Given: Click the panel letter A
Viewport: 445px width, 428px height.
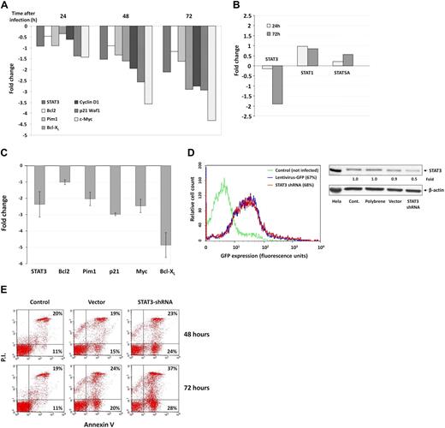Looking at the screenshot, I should point(7,7).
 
